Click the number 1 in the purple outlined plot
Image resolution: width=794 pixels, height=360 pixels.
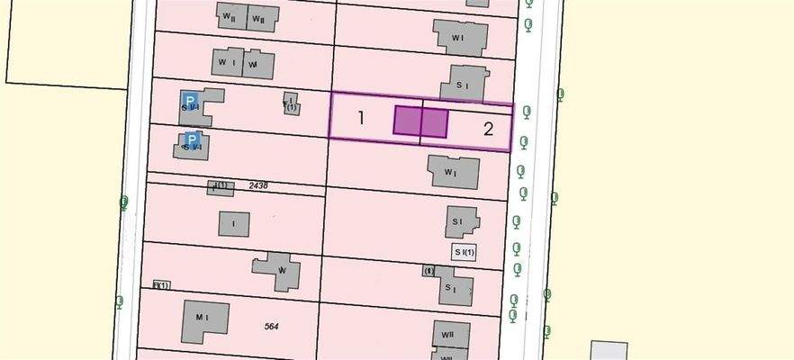click(x=361, y=118)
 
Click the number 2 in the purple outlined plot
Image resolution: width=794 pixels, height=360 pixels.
click(x=489, y=129)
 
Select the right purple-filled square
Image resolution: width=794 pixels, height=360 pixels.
click(x=434, y=122)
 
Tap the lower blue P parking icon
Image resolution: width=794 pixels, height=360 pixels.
click(x=190, y=140)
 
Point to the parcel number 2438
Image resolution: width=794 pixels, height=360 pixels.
click(x=256, y=185)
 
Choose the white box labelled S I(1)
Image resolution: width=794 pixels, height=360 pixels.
click(x=464, y=252)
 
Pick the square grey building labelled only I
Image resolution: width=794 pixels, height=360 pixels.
click(x=233, y=223)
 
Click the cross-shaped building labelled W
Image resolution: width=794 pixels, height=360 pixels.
click(x=278, y=271)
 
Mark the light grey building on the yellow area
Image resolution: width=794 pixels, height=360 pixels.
click(x=609, y=351)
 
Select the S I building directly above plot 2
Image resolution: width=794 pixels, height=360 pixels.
click(x=463, y=85)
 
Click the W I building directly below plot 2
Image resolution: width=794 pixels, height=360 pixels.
click(x=453, y=171)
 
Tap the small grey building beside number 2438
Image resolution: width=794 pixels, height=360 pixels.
click(x=220, y=187)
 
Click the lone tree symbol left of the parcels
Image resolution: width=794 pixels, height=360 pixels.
click(x=123, y=202)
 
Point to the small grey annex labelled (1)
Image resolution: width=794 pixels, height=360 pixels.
click(x=429, y=271)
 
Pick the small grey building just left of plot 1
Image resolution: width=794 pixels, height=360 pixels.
click(x=291, y=104)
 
